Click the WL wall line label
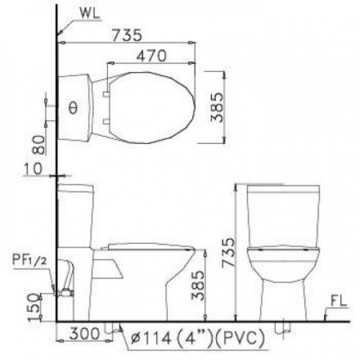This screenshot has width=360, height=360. click(91, 14)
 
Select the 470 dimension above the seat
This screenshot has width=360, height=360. click(151, 56)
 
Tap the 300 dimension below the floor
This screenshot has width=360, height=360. click(85, 334)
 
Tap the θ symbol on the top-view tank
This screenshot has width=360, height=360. click(72, 108)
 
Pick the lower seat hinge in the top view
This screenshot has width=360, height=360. click(106, 121)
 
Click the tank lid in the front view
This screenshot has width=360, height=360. click(283, 188)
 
